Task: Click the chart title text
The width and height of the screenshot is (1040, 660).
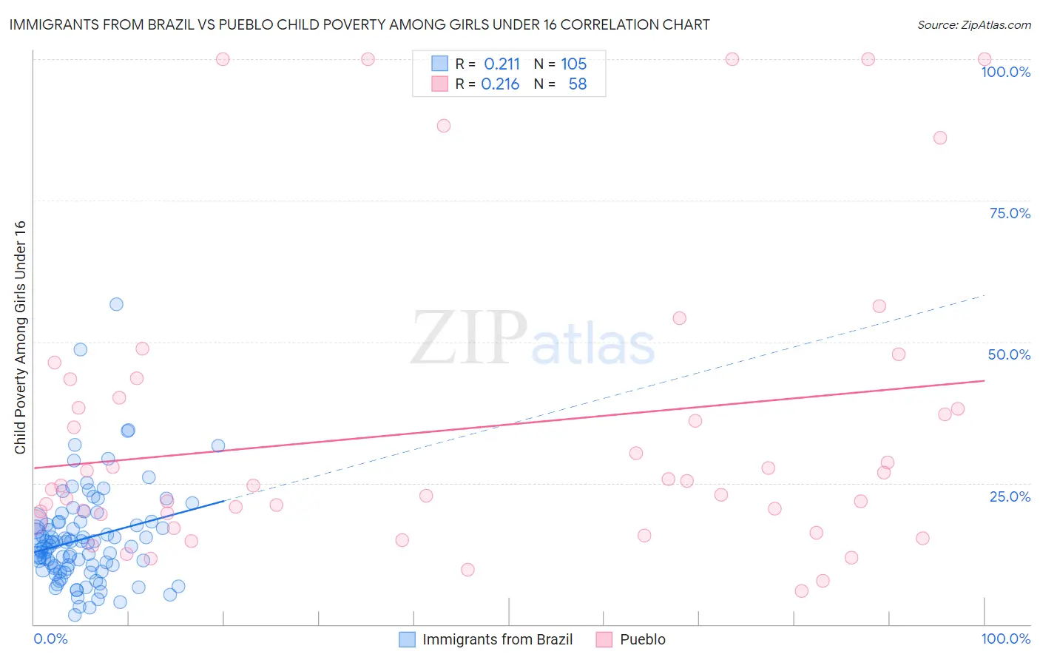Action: click(x=359, y=24)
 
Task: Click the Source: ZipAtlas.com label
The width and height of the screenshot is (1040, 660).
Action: click(x=973, y=24)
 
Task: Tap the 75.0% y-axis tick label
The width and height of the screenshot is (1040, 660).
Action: click(x=1010, y=213)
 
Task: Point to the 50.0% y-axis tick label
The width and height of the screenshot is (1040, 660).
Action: click(x=1009, y=354)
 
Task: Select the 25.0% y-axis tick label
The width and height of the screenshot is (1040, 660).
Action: click(x=1010, y=496)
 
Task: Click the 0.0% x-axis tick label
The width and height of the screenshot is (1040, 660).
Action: click(x=50, y=639)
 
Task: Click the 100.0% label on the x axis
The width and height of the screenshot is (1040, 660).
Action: click(x=1005, y=639)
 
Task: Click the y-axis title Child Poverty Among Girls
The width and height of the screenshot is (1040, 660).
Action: click(x=20, y=337)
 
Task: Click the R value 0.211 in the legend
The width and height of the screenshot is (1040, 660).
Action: click(x=502, y=64)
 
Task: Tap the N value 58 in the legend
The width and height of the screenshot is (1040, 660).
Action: click(x=577, y=84)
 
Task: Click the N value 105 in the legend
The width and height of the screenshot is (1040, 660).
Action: click(x=573, y=64)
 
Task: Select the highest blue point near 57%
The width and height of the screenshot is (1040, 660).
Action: click(x=116, y=304)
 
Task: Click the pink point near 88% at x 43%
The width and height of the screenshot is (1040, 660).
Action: click(x=444, y=126)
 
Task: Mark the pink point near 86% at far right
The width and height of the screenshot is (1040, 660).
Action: click(x=940, y=138)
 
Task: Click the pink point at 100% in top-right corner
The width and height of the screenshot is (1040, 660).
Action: click(x=985, y=59)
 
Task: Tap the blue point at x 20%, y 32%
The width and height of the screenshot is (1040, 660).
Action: click(x=218, y=445)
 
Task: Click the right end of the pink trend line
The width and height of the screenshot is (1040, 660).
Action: click(x=984, y=380)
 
